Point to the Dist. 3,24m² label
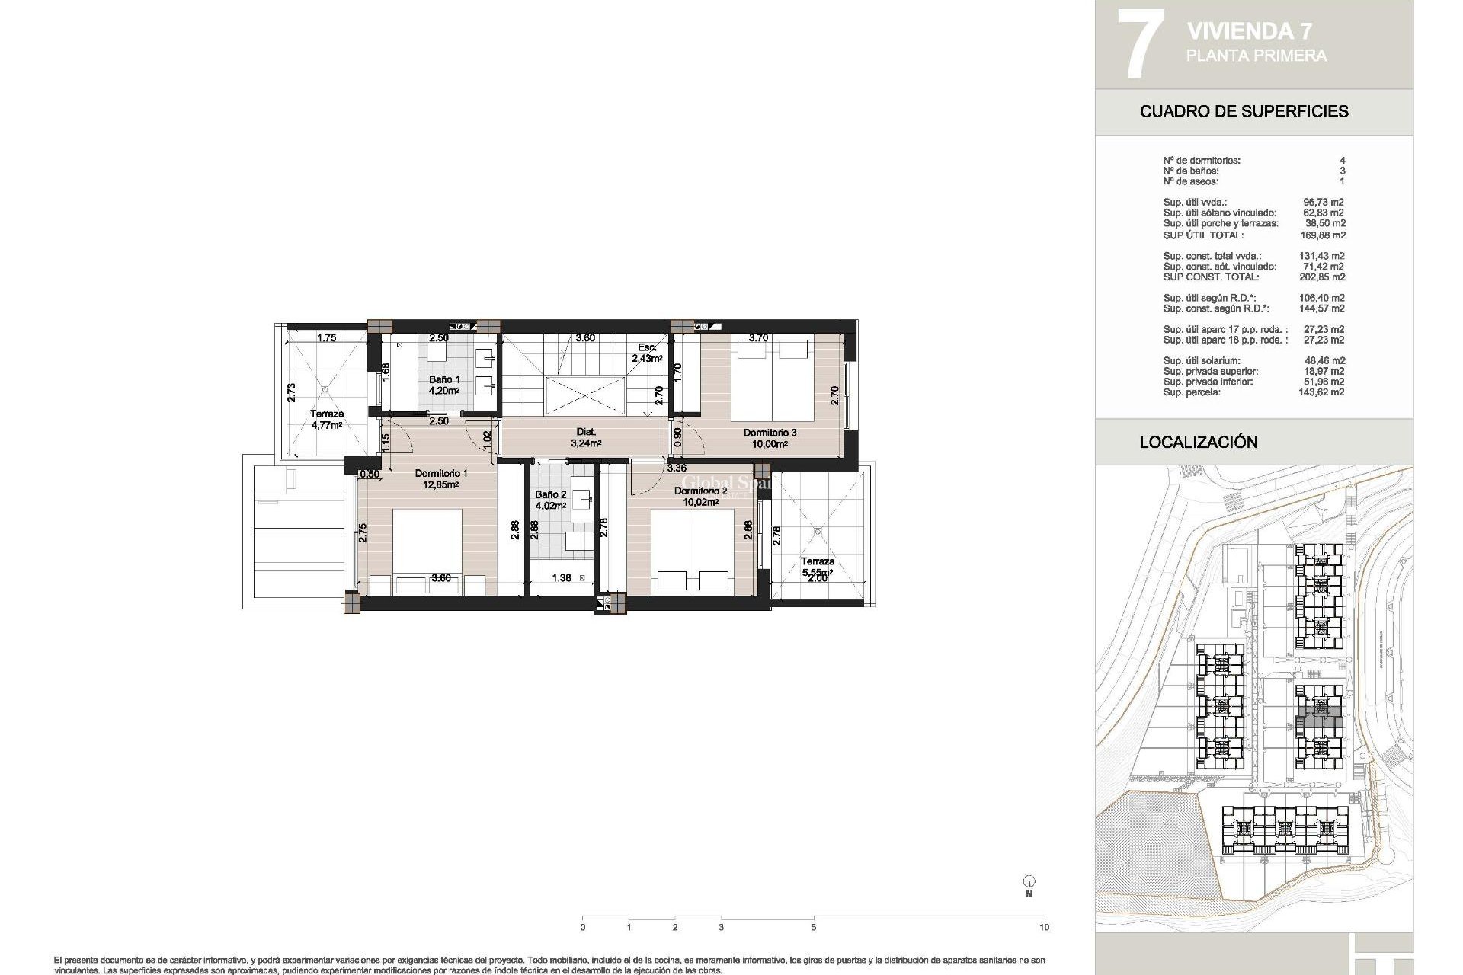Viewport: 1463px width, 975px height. tap(585, 437)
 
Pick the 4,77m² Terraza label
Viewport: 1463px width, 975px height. tap(326, 420)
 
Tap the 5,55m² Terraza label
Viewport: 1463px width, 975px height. tap(817, 567)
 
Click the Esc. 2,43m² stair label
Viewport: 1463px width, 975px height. tap(648, 352)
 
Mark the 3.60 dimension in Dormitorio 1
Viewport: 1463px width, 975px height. tap(440, 578)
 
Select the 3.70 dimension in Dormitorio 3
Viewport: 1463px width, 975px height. tap(757, 337)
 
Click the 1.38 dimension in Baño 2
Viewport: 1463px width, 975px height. tap(561, 578)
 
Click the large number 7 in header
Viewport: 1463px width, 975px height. tap(1139, 43)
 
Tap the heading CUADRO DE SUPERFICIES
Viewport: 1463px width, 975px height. tap(1244, 111)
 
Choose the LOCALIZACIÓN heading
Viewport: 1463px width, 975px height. tap(1198, 442)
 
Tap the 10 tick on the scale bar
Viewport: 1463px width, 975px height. tap(1044, 927)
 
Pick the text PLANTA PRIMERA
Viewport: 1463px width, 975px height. tap(1256, 56)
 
